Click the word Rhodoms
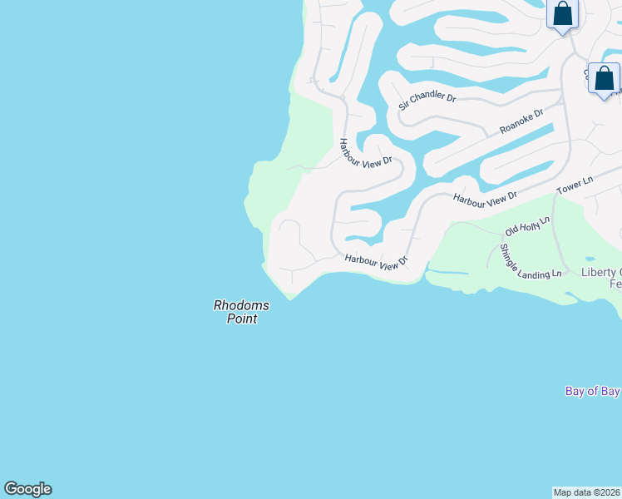point(241,305)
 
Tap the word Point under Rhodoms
point(242,319)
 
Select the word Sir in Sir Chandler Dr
point(405,105)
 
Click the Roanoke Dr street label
point(521,121)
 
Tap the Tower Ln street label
point(575,185)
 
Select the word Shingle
point(507,258)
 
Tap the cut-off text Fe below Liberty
point(615,284)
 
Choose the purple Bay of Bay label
point(592,391)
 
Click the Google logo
point(27,489)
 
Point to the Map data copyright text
point(587,492)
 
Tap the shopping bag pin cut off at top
point(563,15)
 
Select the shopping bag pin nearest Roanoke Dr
point(604,79)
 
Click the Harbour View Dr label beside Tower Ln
point(485,197)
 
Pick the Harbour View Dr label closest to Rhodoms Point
point(377,262)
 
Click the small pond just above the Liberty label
point(590,259)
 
